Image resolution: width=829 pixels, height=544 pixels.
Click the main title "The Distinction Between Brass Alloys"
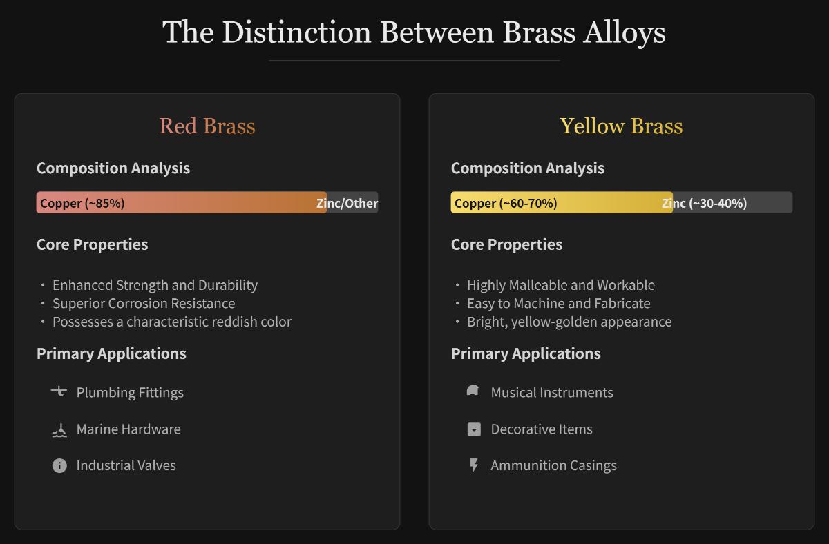pos(414,32)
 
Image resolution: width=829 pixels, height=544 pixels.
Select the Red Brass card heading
pos(207,126)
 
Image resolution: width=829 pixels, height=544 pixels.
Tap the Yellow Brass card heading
pos(621,126)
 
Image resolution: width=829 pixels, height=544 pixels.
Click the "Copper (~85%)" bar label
pos(82,203)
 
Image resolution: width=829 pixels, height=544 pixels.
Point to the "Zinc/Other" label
pos(347,203)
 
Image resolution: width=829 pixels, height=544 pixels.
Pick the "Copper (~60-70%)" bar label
pos(506,203)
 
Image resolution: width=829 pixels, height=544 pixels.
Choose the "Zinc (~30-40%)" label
pos(704,203)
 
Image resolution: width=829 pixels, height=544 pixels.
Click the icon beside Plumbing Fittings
pos(59,391)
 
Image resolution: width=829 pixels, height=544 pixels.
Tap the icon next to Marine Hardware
pos(59,430)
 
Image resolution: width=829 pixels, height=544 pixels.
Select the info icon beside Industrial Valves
pos(59,465)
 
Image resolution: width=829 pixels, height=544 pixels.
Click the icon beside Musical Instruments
pos(473,391)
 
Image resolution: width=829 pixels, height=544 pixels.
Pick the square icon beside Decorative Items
pos(474,429)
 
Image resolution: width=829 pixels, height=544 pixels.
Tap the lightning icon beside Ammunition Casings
pos(474,465)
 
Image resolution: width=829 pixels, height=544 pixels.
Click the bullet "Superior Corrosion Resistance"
pos(144,303)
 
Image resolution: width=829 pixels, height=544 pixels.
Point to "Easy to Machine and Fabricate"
pos(558,303)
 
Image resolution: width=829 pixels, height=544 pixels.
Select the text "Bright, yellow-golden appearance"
pos(569,322)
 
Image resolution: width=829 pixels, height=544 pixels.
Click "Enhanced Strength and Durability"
pos(155,285)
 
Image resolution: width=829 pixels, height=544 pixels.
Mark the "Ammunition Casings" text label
pos(553,465)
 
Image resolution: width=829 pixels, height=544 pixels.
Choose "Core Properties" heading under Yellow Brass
pos(506,244)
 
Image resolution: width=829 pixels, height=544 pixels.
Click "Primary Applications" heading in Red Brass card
pos(111,353)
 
